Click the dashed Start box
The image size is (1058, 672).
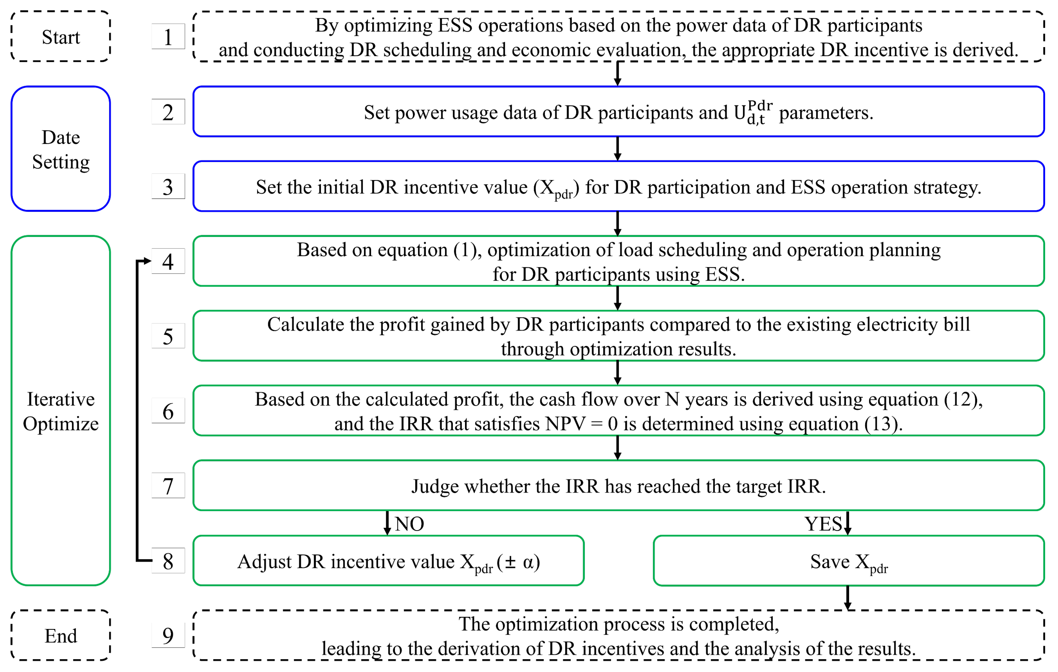[x=61, y=37]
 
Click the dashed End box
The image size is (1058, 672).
[x=61, y=635]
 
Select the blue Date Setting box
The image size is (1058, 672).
[x=61, y=149]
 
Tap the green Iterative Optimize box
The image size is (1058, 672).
[x=61, y=411]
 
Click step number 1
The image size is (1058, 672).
[x=168, y=37]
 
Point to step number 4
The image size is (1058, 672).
[x=168, y=261]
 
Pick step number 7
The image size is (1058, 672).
[x=168, y=486]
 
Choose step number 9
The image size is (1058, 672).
[x=168, y=635]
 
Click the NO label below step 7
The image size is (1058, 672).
[x=409, y=523]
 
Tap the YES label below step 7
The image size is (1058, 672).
[x=823, y=523]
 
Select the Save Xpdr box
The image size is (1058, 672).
[x=848, y=561]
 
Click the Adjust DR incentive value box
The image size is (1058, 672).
[x=388, y=561]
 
